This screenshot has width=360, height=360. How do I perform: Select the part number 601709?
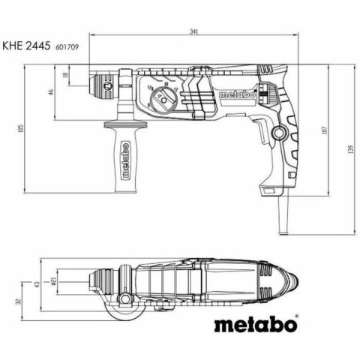click(x=68, y=46)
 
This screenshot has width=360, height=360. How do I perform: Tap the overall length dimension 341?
click(x=194, y=31)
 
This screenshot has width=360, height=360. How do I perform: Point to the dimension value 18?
click(x=65, y=76)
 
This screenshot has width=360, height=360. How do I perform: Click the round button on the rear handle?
click(x=280, y=133)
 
